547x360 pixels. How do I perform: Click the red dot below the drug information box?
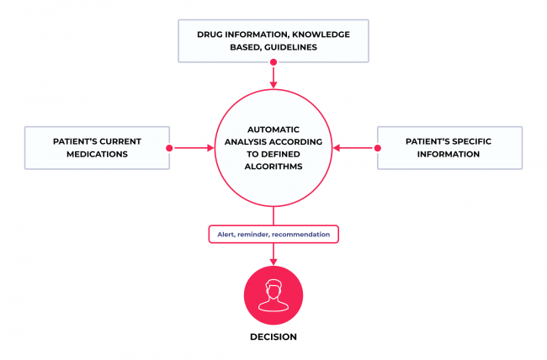(x=273, y=62)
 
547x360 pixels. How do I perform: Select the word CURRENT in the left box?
(x=114, y=141)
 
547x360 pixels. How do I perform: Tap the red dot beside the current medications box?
(x=170, y=148)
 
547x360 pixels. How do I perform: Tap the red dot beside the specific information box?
(x=377, y=148)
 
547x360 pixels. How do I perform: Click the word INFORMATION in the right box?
(x=446, y=156)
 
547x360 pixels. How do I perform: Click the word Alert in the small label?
(x=221, y=233)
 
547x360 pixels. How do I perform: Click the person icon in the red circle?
(x=273, y=294)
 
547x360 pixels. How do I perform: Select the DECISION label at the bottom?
(x=273, y=336)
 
